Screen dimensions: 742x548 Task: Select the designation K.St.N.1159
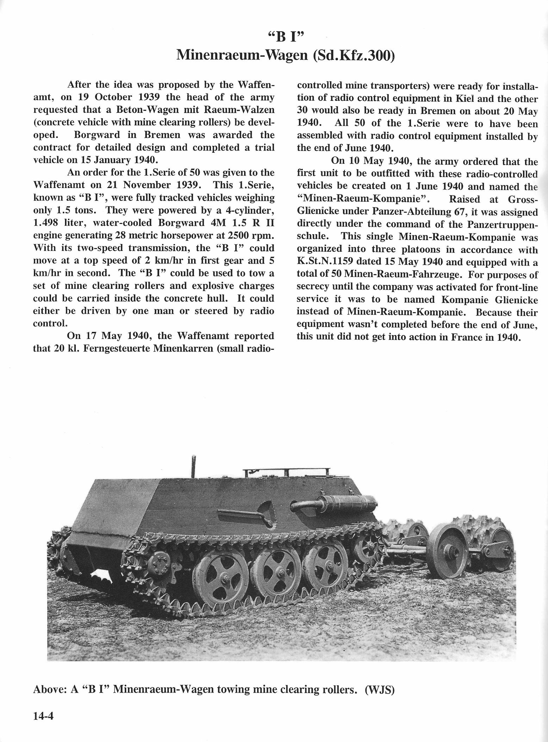331,262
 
